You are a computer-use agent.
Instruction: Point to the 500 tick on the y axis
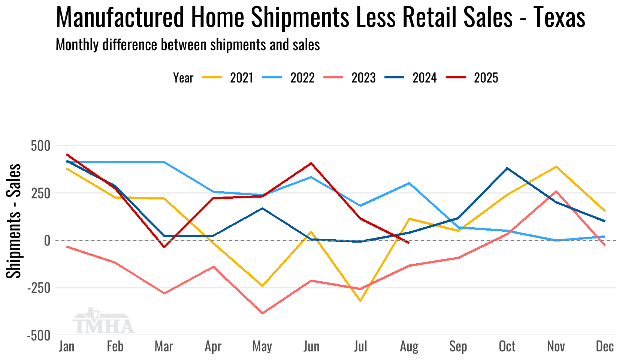click(x=40, y=146)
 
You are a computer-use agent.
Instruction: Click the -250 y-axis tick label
click(x=39, y=288)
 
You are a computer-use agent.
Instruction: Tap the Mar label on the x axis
click(x=164, y=346)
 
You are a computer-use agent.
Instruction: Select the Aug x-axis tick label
click(x=409, y=346)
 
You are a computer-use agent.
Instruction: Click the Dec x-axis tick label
click(x=605, y=346)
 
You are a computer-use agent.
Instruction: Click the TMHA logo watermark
click(x=103, y=322)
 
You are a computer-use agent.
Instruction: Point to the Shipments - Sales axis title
click(x=14, y=221)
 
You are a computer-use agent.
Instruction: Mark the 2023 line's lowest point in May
click(x=262, y=313)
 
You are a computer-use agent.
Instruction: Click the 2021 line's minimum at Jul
click(x=360, y=301)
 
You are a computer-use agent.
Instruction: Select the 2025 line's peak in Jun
click(x=311, y=163)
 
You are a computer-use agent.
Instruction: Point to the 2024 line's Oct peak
click(x=507, y=168)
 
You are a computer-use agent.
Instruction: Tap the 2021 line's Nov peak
click(x=556, y=166)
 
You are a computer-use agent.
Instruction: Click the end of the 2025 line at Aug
click(x=409, y=243)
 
